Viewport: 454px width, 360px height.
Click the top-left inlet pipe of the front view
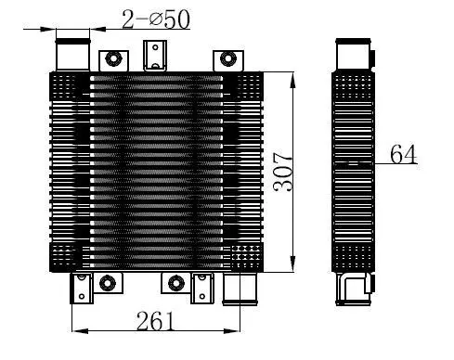tap(72, 53)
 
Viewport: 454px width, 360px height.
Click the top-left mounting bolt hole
tap(112, 59)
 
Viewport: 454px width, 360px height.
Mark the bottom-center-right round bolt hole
tap(175, 282)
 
